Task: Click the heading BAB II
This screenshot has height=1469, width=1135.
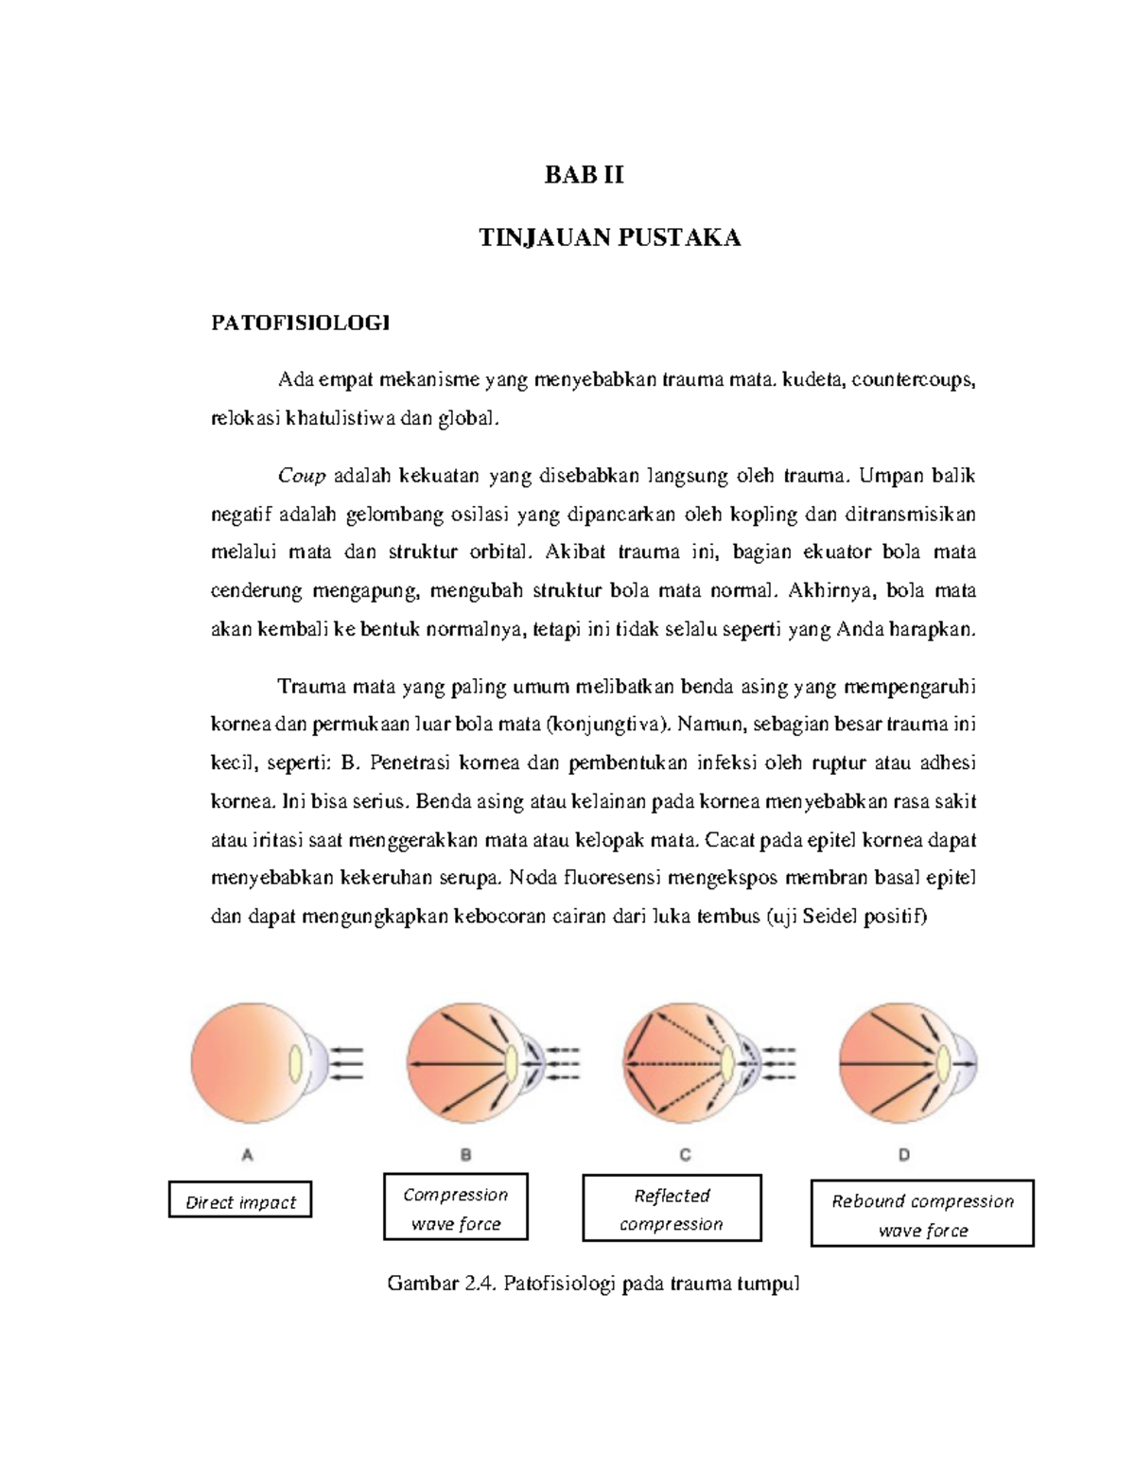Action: [x=584, y=175]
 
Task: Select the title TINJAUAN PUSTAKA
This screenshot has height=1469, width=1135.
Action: [x=609, y=237]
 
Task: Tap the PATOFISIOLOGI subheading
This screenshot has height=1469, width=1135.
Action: [x=300, y=324]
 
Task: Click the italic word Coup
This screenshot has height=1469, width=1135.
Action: [x=302, y=475]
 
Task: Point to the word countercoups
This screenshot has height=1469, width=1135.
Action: [x=913, y=380]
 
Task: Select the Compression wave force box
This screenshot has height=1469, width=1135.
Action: [x=455, y=1208]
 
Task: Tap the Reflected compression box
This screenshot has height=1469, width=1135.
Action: [x=672, y=1209]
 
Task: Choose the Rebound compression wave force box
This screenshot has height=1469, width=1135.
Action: [x=922, y=1215]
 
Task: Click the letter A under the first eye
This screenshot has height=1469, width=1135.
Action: [x=248, y=1154]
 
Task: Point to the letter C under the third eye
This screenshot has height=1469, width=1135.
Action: [x=685, y=1154]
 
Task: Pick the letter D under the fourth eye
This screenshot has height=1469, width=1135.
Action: [x=904, y=1154]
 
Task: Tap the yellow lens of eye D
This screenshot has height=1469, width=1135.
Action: [x=944, y=1064]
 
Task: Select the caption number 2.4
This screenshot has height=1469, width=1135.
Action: [x=480, y=1284]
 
